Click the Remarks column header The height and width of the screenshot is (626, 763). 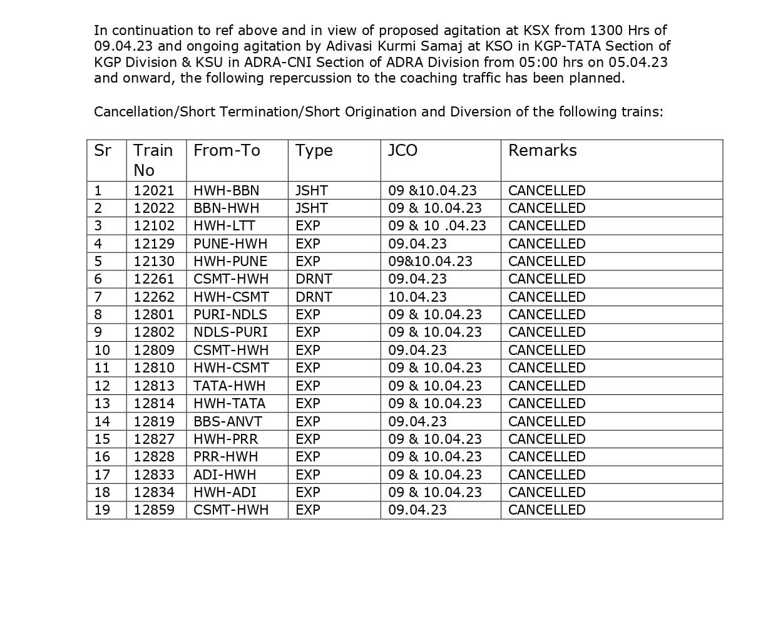[542, 151]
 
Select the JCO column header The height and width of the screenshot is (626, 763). [402, 151]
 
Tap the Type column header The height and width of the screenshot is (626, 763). [314, 151]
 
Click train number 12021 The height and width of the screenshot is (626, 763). [154, 191]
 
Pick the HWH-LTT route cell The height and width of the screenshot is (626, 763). [224, 226]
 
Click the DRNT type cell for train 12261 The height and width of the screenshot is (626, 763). [314, 279]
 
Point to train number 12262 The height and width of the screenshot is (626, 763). [154, 297]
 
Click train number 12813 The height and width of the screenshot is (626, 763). [154, 386]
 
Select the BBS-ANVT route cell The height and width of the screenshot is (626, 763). [228, 422]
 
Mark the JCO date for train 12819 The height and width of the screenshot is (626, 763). [417, 422]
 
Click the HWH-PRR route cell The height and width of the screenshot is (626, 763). [225, 439]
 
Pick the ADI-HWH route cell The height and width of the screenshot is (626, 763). [225, 475]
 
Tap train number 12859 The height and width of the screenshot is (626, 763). [154, 510]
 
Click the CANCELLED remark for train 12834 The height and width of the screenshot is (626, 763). [546, 493]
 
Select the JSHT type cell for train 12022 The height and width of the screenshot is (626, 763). [312, 208]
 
